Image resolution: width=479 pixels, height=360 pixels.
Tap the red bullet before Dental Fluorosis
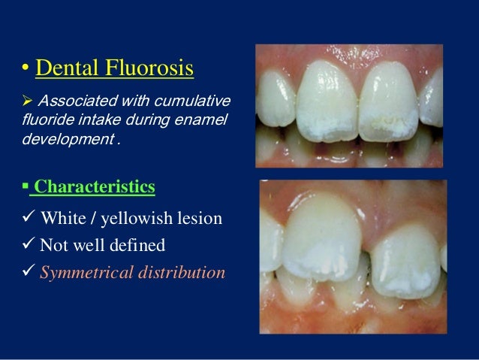(26, 71)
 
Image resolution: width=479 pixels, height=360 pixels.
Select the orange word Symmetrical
(84, 272)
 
